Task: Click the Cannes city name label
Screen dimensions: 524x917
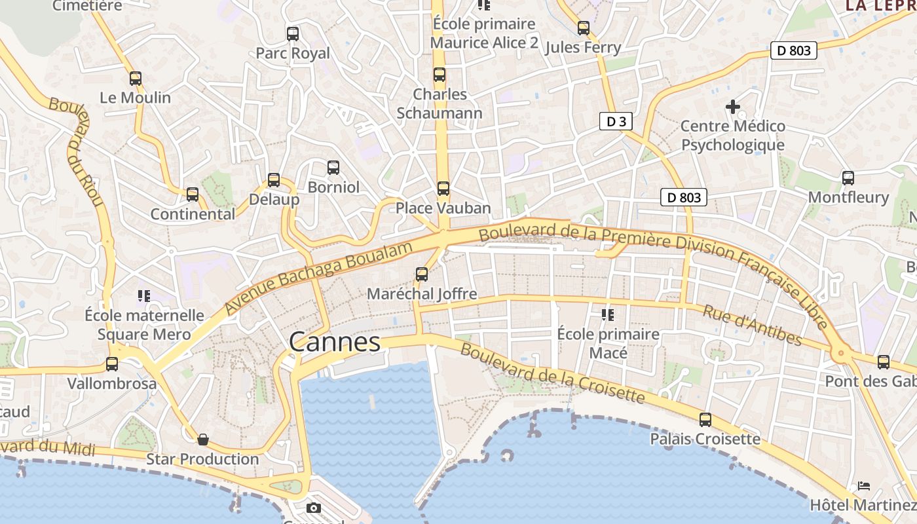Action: (x=334, y=342)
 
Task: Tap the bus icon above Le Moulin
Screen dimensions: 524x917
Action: (x=136, y=79)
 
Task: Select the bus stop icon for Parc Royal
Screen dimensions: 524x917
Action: (x=293, y=34)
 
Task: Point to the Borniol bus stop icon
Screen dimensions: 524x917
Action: (x=333, y=168)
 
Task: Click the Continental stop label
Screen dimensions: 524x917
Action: (x=193, y=214)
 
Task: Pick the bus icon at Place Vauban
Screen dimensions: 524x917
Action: (x=443, y=189)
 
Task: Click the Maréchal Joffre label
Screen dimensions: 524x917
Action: (x=422, y=294)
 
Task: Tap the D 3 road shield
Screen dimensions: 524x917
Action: (x=616, y=121)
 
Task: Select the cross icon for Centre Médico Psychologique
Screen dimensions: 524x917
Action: (x=733, y=106)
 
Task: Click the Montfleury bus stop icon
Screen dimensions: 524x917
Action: (x=848, y=178)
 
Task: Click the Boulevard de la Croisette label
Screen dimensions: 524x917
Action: (x=553, y=372)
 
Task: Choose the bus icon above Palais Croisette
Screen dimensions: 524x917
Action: (x=705, y=420)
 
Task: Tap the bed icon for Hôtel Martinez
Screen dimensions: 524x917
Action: (x=864, y=486)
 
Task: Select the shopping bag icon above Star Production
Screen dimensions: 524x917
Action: (x=203, y=440)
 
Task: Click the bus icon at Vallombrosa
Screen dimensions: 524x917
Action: (x=112, y=364)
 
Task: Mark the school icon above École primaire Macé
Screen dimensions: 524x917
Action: (x=608, y=316)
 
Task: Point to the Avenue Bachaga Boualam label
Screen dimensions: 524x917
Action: (x=320, y=277)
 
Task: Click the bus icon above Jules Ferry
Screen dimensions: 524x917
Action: (x=584, y=28)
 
